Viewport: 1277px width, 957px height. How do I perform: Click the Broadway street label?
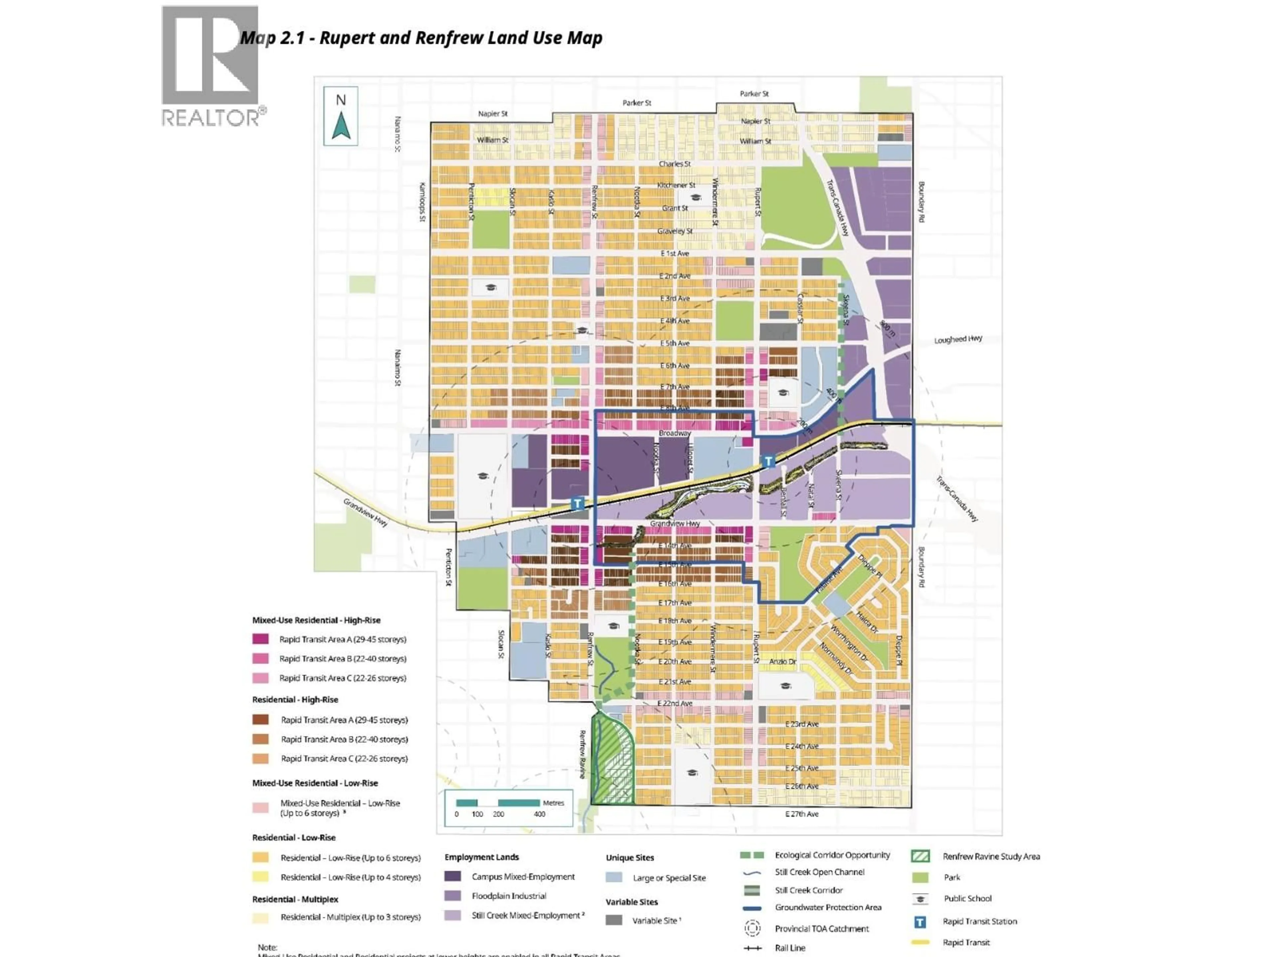(x=674, y=433)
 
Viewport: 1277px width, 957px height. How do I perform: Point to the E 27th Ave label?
(x=801, y=814)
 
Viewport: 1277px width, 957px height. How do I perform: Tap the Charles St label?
(x=674, y=164)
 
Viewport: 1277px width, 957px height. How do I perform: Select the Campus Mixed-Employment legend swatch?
(x=453, y=876)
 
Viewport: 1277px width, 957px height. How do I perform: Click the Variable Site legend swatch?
(x=614, y=920)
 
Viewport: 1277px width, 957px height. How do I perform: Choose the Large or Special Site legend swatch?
(x=614, y=877)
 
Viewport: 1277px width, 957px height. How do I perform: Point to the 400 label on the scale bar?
(x=539, y=814)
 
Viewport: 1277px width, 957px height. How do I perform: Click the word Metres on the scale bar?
(x=553, y=802)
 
